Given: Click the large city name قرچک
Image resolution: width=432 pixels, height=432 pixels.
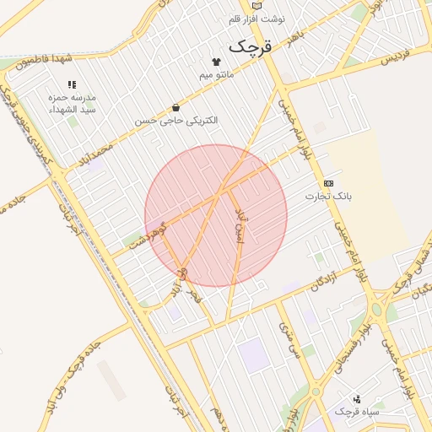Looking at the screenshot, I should (251, 46).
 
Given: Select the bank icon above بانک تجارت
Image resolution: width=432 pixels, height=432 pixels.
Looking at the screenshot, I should (328, 183).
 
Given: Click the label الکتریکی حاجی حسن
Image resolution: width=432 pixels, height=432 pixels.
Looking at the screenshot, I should (175, 121).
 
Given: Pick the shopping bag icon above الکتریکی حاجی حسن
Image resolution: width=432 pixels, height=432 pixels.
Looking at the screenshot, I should (175, 108).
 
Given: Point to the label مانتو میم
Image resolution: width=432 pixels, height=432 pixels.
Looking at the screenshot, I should (216, 75).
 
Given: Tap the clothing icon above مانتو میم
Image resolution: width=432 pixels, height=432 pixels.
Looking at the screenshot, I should (216, 62).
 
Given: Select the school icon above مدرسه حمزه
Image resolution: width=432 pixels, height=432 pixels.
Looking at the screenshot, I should (72, 85).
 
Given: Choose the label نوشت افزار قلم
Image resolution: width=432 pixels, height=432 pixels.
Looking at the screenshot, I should (256, 19).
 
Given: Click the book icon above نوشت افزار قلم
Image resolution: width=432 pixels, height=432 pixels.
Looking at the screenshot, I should (257, 6).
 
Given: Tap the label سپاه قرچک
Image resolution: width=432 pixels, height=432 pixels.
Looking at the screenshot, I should (357, 412).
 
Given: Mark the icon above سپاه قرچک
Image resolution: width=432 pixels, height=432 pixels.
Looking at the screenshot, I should (357, 398).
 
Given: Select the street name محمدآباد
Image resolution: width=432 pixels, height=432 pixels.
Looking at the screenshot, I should (94, 155).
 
